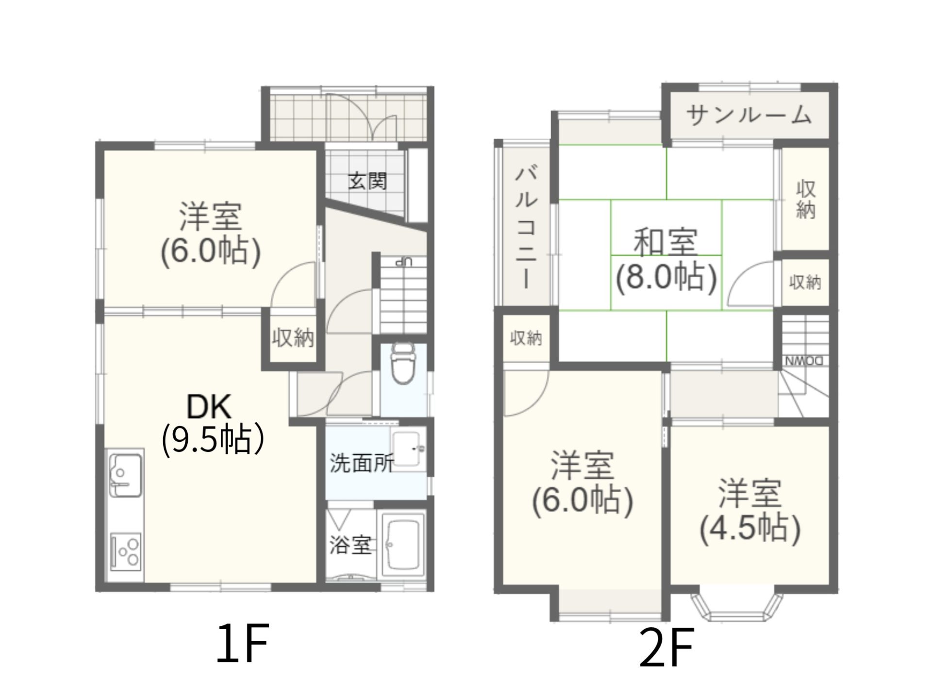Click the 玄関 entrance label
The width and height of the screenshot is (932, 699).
[367, 182]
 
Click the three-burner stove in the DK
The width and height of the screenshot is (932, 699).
[126, 552]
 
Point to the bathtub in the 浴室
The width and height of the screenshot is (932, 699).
[403, 546]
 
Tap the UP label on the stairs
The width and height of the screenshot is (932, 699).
[403, 262]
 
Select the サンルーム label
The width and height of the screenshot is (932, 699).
[749, 115]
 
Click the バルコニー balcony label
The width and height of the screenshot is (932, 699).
[526, 228]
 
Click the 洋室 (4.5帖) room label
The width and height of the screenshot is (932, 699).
[750, 510]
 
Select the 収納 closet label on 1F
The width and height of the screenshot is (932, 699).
[293, 337]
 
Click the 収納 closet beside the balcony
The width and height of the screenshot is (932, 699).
[526, 338]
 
